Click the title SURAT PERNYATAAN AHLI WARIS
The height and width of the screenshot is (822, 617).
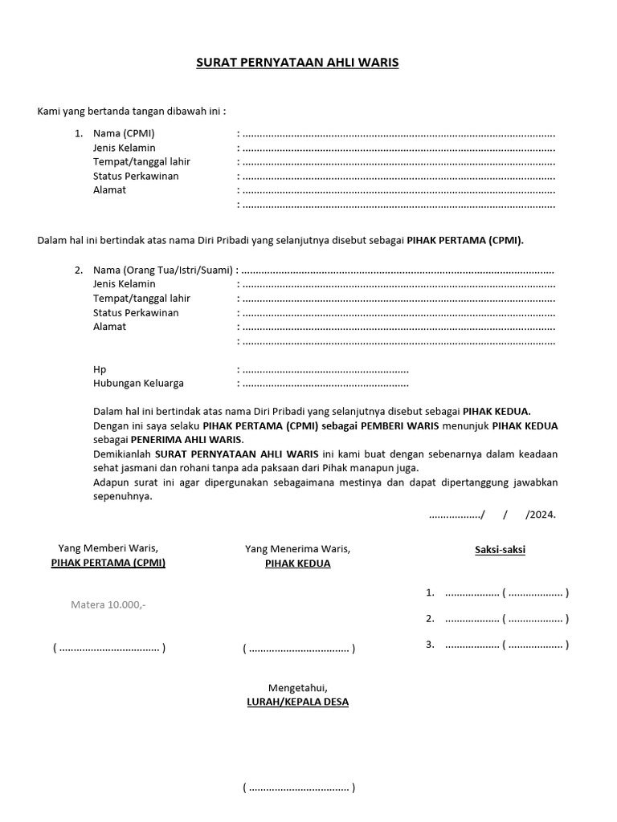click(297, 63)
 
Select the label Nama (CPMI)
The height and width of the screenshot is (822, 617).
click(124, 133)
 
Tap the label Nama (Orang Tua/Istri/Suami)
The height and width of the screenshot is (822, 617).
click(163, 270)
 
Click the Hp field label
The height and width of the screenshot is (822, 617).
click(100, 369)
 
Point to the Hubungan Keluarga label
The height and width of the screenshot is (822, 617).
click(138, 384)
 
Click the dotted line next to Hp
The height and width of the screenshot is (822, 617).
click(325, 370)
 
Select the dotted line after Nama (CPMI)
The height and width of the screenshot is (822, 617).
click(398, 134)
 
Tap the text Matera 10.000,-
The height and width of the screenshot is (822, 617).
click(108, 604)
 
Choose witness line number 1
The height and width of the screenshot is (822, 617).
click(497, 593)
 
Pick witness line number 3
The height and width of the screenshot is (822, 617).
click(497, 644)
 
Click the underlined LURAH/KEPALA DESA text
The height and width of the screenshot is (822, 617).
click(297, 702)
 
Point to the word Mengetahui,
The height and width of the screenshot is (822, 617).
click(297, 687)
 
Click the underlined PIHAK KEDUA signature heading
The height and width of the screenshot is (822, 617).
click(297, 564)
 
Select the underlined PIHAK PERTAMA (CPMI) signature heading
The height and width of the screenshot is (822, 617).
click(108, 563)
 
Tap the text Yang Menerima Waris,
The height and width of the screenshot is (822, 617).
click(297, 549)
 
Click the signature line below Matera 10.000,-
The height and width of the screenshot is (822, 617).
click(109, 648)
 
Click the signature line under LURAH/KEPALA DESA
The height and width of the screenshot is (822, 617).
click(299, 787)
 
